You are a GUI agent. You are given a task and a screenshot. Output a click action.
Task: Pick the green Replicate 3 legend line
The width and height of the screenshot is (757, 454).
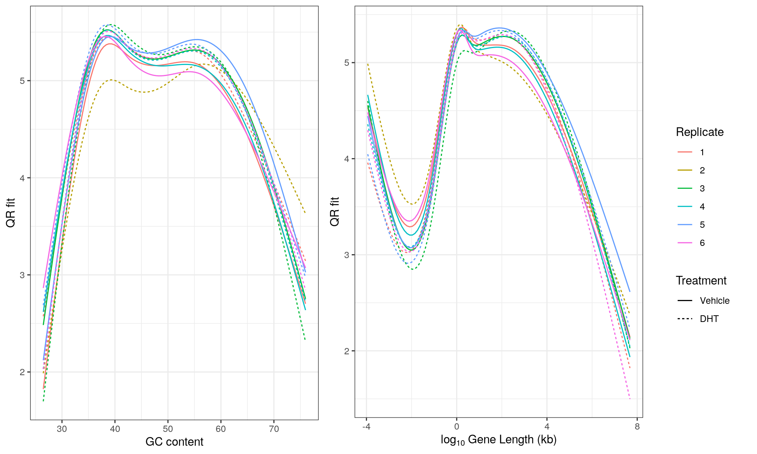point(685,188)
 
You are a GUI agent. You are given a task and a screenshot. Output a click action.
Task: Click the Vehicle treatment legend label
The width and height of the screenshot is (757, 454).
point(714,301)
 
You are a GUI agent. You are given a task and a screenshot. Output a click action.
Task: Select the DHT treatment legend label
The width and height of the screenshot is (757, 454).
point(709,319)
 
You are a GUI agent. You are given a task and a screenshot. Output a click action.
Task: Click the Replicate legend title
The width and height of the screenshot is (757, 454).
point(699,132)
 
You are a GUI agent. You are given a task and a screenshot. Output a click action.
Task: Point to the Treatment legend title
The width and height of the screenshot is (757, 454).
point(701,281)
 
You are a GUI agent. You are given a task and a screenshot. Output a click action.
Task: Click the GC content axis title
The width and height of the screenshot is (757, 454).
point(174,442)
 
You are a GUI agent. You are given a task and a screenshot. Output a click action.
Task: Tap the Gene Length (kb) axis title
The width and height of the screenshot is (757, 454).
point(498,440)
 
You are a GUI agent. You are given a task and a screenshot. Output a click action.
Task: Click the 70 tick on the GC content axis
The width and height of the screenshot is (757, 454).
point(274,429)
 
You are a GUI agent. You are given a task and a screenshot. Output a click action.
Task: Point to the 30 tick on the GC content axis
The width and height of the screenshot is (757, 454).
point(62,429)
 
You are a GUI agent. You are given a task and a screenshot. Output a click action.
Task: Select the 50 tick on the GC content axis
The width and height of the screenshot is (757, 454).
point(168,429)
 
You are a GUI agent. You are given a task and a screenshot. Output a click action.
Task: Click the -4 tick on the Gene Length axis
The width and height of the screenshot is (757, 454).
point(366,426)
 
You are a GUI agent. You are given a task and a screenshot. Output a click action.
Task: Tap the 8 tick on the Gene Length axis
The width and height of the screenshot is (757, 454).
point(637,426)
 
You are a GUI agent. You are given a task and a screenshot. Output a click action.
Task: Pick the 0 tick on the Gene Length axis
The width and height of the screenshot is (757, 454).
point(457,426)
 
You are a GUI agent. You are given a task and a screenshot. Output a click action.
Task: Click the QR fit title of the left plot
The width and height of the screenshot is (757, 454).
point(11,213)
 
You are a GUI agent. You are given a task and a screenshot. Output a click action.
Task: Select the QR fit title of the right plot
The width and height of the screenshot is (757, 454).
point(334,212)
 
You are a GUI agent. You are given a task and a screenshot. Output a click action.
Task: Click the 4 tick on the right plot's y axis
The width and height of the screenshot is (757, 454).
point(347,159)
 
